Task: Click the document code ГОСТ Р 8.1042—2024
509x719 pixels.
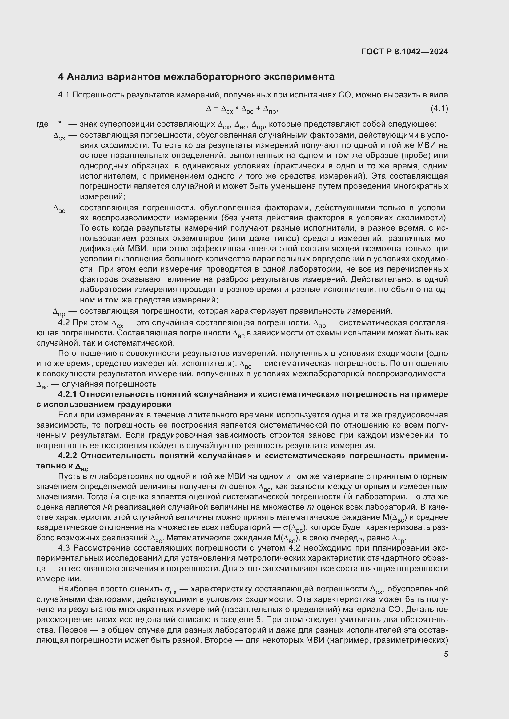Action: (x=405, y=52)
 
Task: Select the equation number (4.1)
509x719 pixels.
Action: (x=439, y=108)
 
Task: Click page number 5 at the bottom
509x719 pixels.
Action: (x=446, y=654)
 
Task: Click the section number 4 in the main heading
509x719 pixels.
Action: (x=61, y=77)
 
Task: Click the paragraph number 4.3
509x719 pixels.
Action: (x=65, y=548)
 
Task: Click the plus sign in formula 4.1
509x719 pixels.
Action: (x=258, y=109)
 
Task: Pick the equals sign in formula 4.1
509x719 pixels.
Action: (x=216, y=109)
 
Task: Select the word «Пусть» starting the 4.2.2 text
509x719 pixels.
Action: (x=68, y=476)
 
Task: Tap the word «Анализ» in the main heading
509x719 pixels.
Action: (x=85, y=77)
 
